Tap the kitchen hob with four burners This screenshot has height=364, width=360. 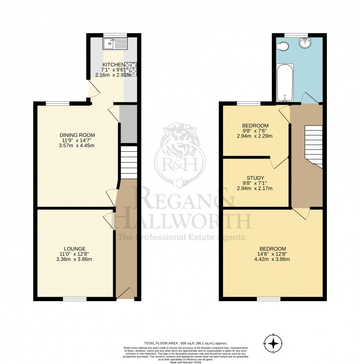pos(130,69)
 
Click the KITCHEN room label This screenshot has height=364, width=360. pos(113,65)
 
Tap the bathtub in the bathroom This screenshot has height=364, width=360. pos(285,83)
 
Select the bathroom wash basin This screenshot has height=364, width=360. pos(305,43)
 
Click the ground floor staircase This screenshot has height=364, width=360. pos(129,162)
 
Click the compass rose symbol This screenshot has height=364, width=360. pos(274,343)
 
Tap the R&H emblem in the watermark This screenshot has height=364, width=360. pos(180,156)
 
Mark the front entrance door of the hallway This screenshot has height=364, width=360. pos(126,294)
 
